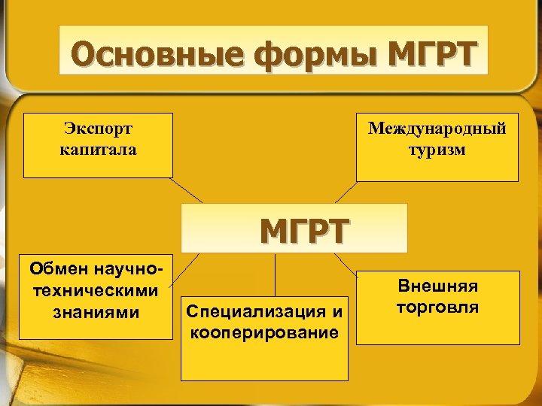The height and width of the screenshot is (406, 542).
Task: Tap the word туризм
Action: (437, 150)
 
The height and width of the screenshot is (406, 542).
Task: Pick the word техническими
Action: (97, 289)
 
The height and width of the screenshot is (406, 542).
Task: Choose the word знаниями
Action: (98, 311)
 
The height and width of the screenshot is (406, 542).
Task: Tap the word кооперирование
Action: (264, 332)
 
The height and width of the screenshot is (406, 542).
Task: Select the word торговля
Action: (437, 308)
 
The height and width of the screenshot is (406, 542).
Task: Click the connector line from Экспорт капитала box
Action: (187, 189)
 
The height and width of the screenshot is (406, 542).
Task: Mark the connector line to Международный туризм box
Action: (346, 192)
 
